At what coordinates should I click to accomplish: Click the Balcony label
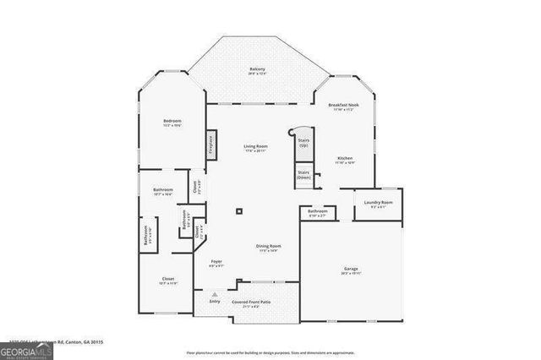click(257, 70)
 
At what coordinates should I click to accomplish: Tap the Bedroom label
click(172, 123)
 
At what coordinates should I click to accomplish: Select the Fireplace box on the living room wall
click(211, 143)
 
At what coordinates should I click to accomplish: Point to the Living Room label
click(256, 148)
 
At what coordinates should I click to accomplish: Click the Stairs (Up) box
click(303, 144)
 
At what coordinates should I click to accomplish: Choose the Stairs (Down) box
click(303, 176)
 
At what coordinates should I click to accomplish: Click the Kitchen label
click(344, 160)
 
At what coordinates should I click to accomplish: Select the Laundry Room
click(378, 204)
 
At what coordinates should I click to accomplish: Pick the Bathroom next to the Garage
click(318, 213)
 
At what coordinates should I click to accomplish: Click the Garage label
click(351, 270)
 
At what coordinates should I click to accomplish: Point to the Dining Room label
click(269, 248)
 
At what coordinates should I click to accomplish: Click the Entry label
click(215, 301)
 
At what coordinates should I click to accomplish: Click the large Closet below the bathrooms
click(168, 281)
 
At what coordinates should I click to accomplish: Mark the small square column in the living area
click(239, 211)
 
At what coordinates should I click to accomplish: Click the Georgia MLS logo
click(26, 349)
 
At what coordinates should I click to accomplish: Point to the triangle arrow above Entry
click(215, 293)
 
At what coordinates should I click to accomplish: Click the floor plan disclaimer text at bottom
click(270, 352)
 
